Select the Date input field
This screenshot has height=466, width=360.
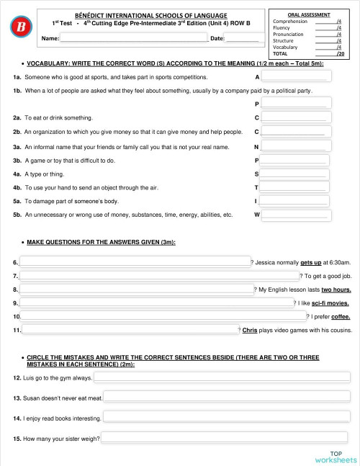click(x=242, y=37)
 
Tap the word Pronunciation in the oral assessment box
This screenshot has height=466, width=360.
click(x=289, y=35)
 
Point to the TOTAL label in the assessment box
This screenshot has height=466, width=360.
click(x=280, y=53)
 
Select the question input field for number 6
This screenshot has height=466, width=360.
click(x=134, y=262)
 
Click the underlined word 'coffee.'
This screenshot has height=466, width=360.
click(x=341, y=316)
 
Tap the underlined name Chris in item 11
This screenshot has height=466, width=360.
click(x=250, y=330)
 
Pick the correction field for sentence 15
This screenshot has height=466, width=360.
click(x=227, y=438)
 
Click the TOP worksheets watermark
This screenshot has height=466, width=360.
click(x=336, y=456)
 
